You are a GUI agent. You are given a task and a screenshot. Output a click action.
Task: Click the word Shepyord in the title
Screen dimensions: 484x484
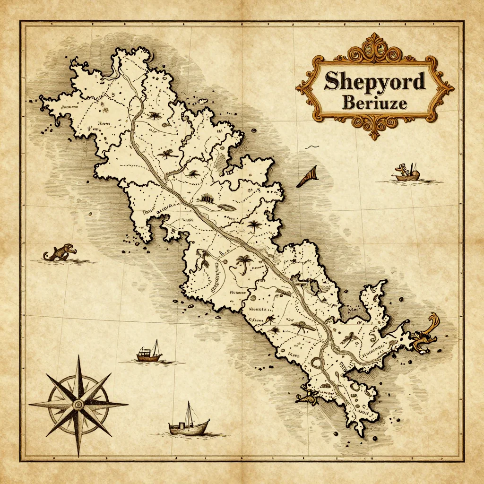(375, 82)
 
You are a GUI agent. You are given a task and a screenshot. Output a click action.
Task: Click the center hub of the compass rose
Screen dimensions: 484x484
(78, 405)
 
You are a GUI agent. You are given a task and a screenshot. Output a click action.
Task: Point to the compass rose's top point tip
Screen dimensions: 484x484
(79, 355)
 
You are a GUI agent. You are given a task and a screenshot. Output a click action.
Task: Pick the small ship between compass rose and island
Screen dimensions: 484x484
(149, 353)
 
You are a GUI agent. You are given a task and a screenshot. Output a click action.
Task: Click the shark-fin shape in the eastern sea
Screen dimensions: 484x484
(307, 177)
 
